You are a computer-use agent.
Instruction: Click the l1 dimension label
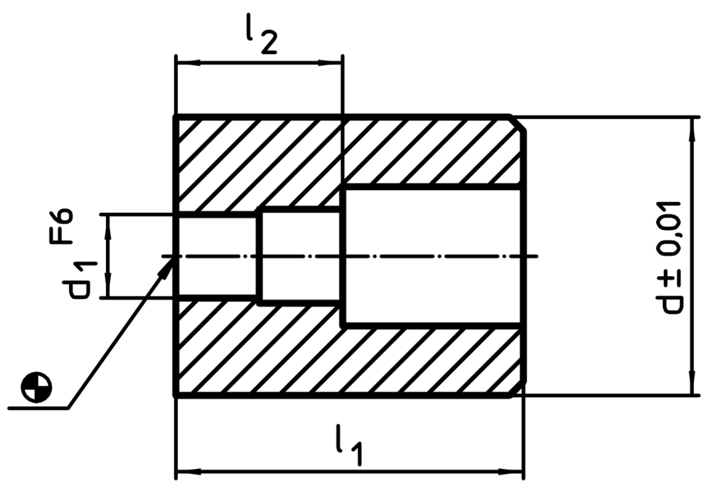[x=349, y=445]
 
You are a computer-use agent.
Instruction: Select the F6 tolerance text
[x=61, y=226]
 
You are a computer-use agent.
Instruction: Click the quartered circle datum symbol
[x=37, y=387]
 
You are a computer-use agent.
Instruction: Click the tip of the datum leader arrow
[x=173, y=257]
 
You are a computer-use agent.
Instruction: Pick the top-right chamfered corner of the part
[x=518, y=123]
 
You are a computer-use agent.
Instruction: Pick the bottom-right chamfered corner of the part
[x=518, y=389]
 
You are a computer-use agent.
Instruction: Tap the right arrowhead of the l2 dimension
[x=330, y=62]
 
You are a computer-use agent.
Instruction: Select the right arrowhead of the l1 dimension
[x=511, y=472]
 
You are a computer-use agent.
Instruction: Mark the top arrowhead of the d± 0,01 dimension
[x=692, y=129]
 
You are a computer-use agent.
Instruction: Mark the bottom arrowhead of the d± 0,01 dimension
[x=692, y=384]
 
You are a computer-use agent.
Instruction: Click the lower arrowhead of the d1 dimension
[x=108, y=286]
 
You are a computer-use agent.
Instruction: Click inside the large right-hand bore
[x=432, y=256]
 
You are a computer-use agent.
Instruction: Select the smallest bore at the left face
[x=217, y=257]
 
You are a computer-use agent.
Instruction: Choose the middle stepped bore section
[x=301, y=256]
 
